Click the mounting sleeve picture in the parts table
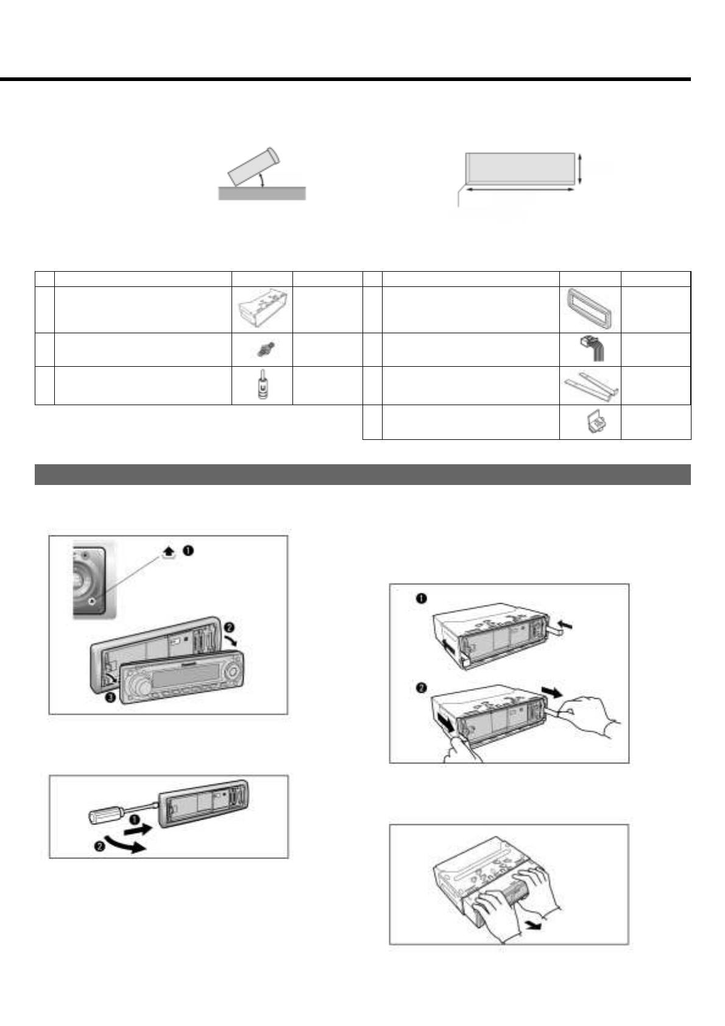(x=262, y=310)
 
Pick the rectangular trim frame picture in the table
(x=590, y=310)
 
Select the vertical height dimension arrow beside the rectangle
(x=580, y=168)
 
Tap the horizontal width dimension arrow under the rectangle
(x=520, y=189)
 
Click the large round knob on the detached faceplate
(x=142, y=684)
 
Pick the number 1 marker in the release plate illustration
(x=420, y=598)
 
